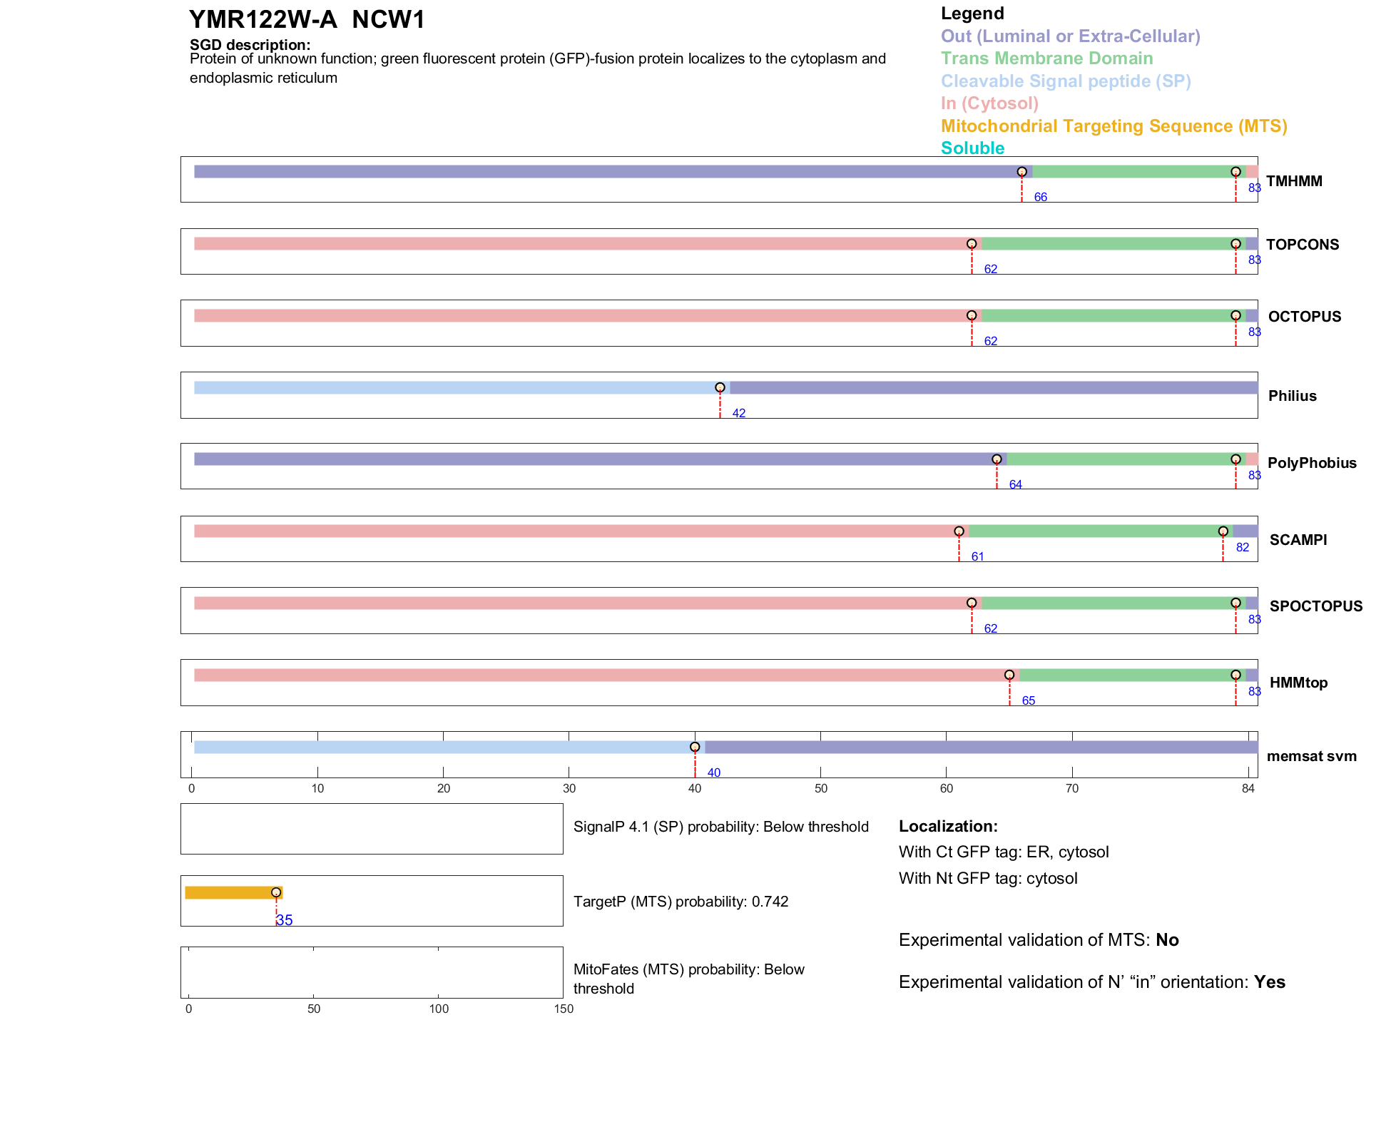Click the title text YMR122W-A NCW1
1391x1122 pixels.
tap(307, 20)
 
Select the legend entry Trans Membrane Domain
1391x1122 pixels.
tap(1046, 58)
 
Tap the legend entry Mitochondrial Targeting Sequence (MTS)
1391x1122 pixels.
tap(1114, 126)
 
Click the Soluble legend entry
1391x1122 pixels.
tap(972, 148)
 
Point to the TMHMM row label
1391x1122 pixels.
tap(1294, 181)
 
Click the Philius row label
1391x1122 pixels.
tap(1292, 396)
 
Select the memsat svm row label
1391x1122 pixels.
tap(1311, 756)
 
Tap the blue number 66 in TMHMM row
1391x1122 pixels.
tap(1040, 198)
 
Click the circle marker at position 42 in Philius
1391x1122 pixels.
tap(720, 388)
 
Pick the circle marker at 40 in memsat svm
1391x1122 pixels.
tap(695, 748)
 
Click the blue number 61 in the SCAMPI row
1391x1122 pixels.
tap(977, 557)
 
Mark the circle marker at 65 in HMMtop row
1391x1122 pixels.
tap(1009, 675)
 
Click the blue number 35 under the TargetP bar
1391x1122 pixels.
tap(285, 921)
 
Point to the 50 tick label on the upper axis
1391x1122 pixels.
tap(821, 789)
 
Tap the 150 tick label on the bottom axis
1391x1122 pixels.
tap(564, 1009)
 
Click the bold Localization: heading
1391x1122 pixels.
tap(948, 827)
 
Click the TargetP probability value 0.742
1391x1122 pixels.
tap(770, 902)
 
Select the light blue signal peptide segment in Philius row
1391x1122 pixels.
tap(457, 388)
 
